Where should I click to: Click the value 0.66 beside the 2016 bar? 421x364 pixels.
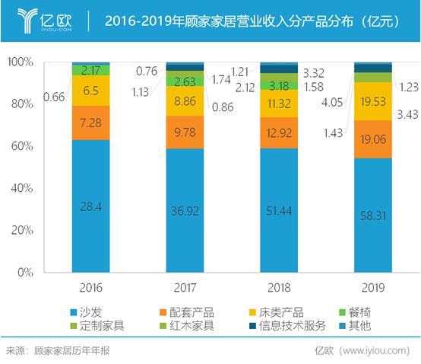coord(54,96)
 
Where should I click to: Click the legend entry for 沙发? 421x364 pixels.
coord(90,312)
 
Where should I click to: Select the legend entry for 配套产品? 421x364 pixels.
coord(188,312)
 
